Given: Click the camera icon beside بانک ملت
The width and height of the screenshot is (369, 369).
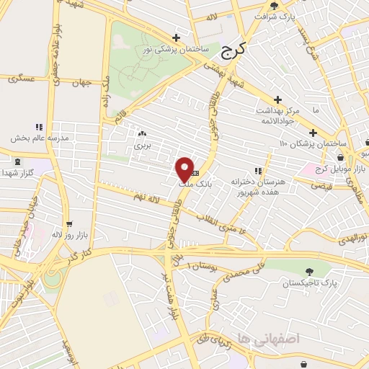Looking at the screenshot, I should pyautogui.click(x=195, y=174).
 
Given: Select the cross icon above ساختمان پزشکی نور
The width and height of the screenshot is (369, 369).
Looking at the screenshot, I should pyautogui.click(x=176, y=37).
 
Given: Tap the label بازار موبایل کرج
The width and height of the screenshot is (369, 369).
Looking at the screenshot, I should pyautogui.click(x=337, y=168).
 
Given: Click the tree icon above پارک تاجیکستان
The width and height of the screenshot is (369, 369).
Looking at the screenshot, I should pyautogui.click(x=309, y=272).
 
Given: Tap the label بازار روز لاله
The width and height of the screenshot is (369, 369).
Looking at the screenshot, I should pyautogui.click(x=69, y=235).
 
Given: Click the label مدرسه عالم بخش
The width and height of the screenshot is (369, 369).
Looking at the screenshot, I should pyautogui.click(x=39, y=137).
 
